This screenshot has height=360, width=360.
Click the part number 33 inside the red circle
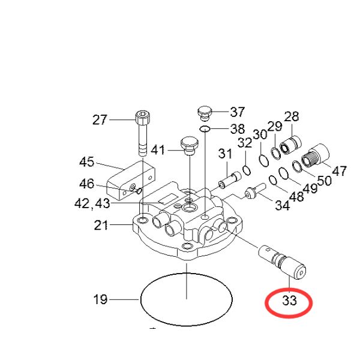pyautogui.click(x=290, y=301)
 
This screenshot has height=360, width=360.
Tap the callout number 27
pyautogui.click(x=100, y=120)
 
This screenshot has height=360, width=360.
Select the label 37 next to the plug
pyautogui.click(x=238, y=112)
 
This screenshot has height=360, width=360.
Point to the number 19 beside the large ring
pyautogui.click(x=100, y=299)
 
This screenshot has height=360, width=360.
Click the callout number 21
pyautogui.click(x=101, y=225)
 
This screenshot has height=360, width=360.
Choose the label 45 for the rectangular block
pyautogui.click(x=87, y=162)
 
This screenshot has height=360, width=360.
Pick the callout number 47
pyautogui.click(x=339, y=171)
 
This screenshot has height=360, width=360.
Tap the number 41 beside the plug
pyautogui.click(x=158, y=150)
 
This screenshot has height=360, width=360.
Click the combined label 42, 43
pyautogui.click(x=92, y=203)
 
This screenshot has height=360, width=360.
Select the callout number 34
pyautogui.click(x=282, y=206)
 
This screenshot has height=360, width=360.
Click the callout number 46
pyautogui.click(x=87, y=184)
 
